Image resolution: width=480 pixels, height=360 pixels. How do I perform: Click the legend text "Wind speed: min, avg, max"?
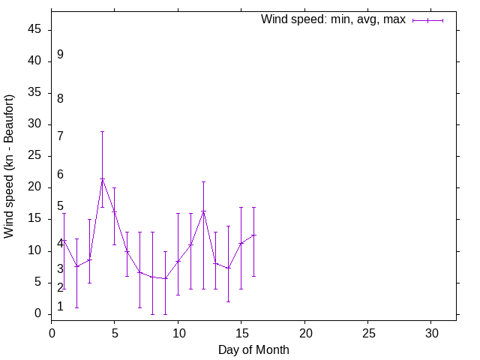[333, 19]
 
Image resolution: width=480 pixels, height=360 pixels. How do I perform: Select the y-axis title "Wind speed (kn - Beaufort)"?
[9, 166]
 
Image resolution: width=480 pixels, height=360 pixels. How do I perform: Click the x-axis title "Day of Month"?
[253, 349]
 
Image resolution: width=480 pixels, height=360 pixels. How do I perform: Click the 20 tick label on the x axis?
[304, 332]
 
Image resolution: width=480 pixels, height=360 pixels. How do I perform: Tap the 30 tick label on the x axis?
[431, 332]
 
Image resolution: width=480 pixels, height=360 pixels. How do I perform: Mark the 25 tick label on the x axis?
[368, 332]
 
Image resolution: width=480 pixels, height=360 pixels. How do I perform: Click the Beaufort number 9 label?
[60, 55]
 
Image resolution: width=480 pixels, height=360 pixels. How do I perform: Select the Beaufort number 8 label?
[60, 98]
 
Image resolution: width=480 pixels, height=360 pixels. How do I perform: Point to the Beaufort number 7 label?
[60, 136]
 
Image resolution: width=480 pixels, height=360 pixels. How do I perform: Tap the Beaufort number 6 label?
[60, 175]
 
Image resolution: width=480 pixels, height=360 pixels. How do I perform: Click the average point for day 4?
[102, 179]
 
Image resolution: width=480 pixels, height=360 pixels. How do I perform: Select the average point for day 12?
[203, 211]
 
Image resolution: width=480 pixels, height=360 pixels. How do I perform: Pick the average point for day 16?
[254, 235]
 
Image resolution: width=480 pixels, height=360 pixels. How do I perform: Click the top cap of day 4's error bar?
[102, 131]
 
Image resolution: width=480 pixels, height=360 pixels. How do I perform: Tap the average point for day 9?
[165, 278]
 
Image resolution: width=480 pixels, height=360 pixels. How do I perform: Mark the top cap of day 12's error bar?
[203, 181]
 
